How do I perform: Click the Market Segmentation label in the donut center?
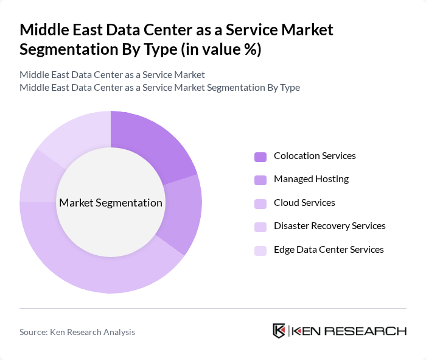click(111, 203)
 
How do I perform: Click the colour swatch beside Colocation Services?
click(260, 157)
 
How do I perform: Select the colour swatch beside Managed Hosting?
click(260, 180)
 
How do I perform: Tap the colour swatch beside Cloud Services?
click(260, 203)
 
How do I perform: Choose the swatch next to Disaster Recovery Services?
click(260, 227)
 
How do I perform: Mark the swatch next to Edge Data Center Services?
click(260, 250)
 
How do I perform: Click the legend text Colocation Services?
click(315, 156)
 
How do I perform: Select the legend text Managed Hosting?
click(311, 179)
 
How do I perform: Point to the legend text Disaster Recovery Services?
click(329, 226)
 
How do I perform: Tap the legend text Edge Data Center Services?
click(329, 249)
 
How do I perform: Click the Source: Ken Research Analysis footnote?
click(77, 332)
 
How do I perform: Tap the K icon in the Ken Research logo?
click(279, 331)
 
